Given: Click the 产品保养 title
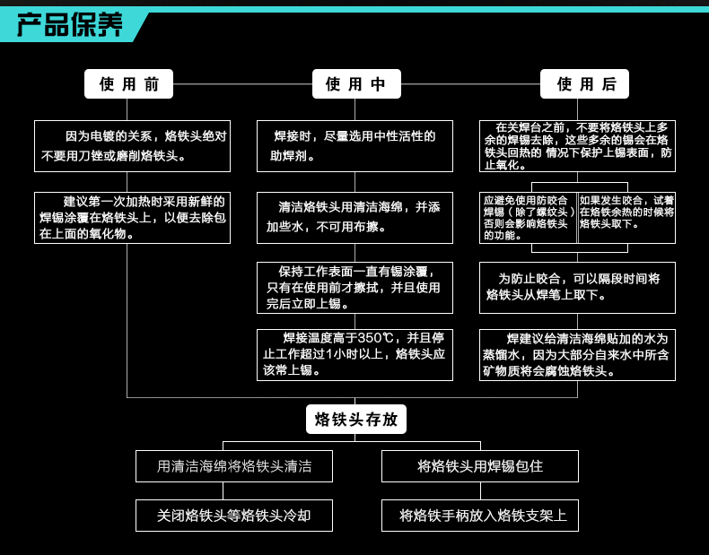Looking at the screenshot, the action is [x=70, y=24].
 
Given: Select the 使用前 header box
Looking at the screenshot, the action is [x=128, y=84].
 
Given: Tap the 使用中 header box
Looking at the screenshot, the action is [x=356, y=84].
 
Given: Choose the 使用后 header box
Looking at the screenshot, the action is [x=584, y=84].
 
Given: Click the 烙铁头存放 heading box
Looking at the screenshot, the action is [x=356, y=419].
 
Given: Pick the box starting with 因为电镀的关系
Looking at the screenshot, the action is [x=132, y=145].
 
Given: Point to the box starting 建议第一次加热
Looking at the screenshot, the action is [x=132, y=218].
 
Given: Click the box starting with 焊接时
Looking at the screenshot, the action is [x=354, y=145].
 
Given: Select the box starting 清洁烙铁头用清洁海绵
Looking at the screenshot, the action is [x=354, y=217].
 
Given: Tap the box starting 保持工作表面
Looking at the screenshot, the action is [x=354, y=287].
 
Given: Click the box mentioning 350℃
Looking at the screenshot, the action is [x=354, y=354].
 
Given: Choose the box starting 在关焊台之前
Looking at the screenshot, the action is [x=577, y=145].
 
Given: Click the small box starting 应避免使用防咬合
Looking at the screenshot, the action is [x=528, y=217].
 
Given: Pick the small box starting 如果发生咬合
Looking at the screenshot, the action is [x=626, y=217].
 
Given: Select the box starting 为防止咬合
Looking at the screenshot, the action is [x=577, y=287].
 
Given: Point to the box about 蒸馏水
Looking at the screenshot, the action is [x=577, y=354].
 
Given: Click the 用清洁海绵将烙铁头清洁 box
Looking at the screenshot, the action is [x=234, y=466].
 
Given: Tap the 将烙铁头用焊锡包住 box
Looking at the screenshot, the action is [x=480, y=466].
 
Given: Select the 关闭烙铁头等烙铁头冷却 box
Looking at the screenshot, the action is [x=234, y=516].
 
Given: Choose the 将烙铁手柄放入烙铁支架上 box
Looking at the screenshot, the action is [x=480, y=516].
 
